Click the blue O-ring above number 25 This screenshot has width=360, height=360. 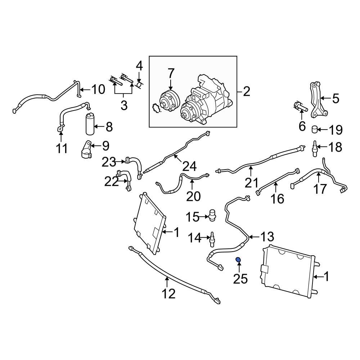point(238,260)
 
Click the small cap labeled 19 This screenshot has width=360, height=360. point(315,129)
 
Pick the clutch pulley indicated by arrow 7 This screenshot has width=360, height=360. point(169,100)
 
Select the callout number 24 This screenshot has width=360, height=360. point(190,166)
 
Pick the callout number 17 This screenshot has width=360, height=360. point(320,189)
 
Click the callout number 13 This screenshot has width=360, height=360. point(267,237)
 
